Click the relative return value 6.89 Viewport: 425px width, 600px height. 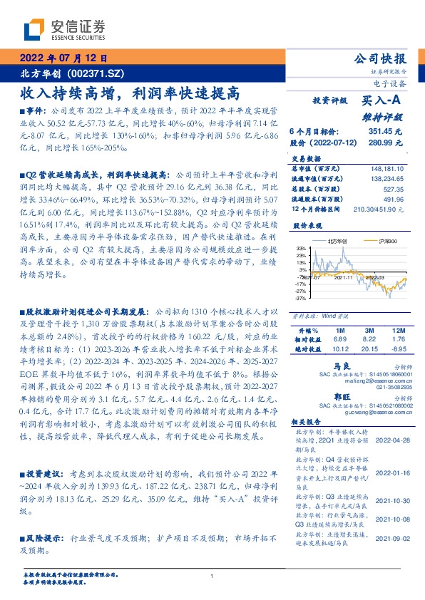tap(339, 341)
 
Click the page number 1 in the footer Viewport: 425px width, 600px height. tap(212, 576)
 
